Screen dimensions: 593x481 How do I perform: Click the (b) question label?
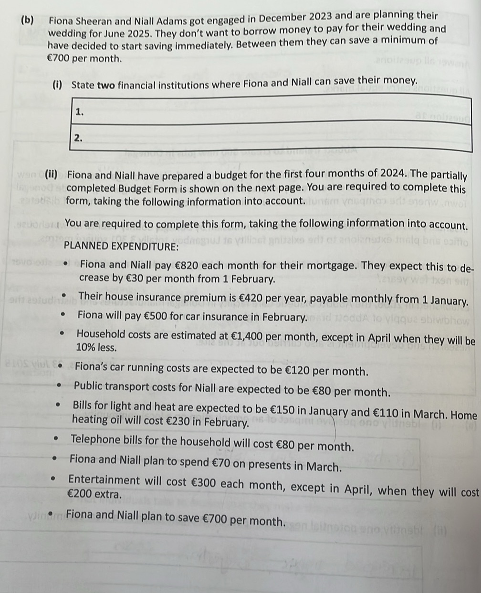click(x=27, y=20)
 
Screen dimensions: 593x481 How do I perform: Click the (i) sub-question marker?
click(x=57, y=85)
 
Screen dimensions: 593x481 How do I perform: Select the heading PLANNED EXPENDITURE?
click(x=121, y=246)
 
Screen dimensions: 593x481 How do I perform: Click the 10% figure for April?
click(x=86, y=347)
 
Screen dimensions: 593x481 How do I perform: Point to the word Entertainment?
click(x=104, y=480)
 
